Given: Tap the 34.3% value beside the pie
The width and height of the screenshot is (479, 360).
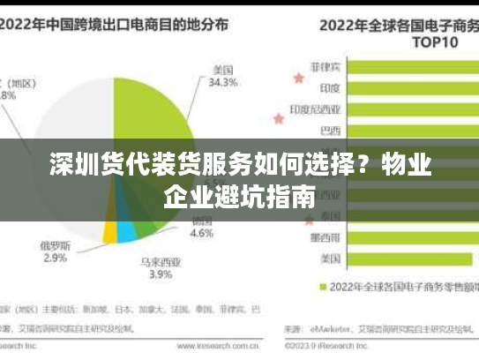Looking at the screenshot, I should [x=223, y=83].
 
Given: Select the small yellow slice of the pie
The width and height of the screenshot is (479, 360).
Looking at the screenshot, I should [x=109, y=230].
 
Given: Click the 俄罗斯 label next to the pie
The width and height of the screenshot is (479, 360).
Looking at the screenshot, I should [x=54, y=244].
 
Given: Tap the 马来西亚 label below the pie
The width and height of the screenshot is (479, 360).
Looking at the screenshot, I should [x=161, y=261].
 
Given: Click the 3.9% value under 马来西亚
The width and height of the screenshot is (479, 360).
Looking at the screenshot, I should [x=161, y=274].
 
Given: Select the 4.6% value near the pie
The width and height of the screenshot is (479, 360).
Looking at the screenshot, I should [x=202, y=234].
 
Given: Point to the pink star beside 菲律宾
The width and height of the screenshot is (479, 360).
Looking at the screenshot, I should [x=298, y=78].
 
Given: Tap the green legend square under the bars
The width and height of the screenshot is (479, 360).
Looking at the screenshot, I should [x=323, y=286].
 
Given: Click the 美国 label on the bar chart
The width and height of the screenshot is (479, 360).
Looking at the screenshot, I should [x=330, y=259].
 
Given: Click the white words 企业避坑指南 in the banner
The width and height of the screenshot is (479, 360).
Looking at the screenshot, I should [x=239, y=196].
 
